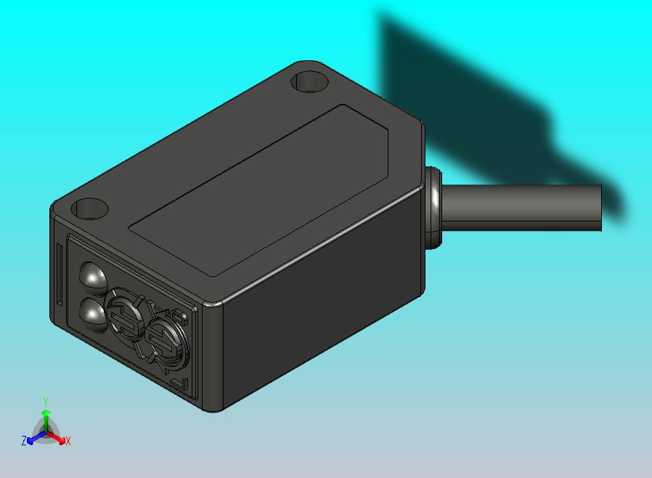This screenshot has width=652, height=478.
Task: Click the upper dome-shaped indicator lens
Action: click(x=93, y=276)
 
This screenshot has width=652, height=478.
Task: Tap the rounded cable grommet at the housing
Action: click(x=433, y=208)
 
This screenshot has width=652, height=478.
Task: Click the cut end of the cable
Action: click(x=600, y=208)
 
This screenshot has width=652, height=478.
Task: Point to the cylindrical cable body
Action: click(x=523, y=208)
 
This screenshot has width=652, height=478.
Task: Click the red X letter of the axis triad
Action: click(x=68, y=441)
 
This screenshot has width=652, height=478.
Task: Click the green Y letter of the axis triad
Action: click(x=46, y=402)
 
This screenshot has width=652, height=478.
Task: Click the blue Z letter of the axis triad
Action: click(x=24, y=440)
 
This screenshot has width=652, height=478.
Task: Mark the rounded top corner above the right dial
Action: click(x=211, y=304)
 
